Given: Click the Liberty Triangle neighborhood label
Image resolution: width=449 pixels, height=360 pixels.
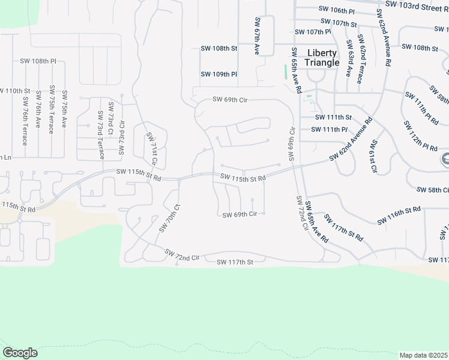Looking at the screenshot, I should pos(322,58).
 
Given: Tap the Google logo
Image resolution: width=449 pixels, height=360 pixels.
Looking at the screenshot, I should pos(20,353).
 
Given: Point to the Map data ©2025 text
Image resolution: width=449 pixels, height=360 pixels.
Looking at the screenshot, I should pos(423,355).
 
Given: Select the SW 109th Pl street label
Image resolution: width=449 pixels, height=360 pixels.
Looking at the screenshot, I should pos(219,74).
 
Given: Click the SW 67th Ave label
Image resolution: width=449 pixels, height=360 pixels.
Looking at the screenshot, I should pos(256,36).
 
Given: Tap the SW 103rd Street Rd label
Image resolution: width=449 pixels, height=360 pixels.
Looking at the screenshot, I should pos(417,5).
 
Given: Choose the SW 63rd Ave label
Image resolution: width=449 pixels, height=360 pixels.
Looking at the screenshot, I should pos(349,58).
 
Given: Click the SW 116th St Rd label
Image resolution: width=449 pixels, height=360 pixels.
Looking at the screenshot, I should pos(399,216).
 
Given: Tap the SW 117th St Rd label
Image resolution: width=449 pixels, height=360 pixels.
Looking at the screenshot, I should pos(343,228).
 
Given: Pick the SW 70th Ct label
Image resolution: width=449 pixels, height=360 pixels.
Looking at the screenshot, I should pos(170,218).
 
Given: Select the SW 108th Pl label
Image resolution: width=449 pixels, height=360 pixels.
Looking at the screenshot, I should pos(37,61).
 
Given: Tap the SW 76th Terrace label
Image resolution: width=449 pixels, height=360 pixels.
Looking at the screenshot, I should pos(25,121).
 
